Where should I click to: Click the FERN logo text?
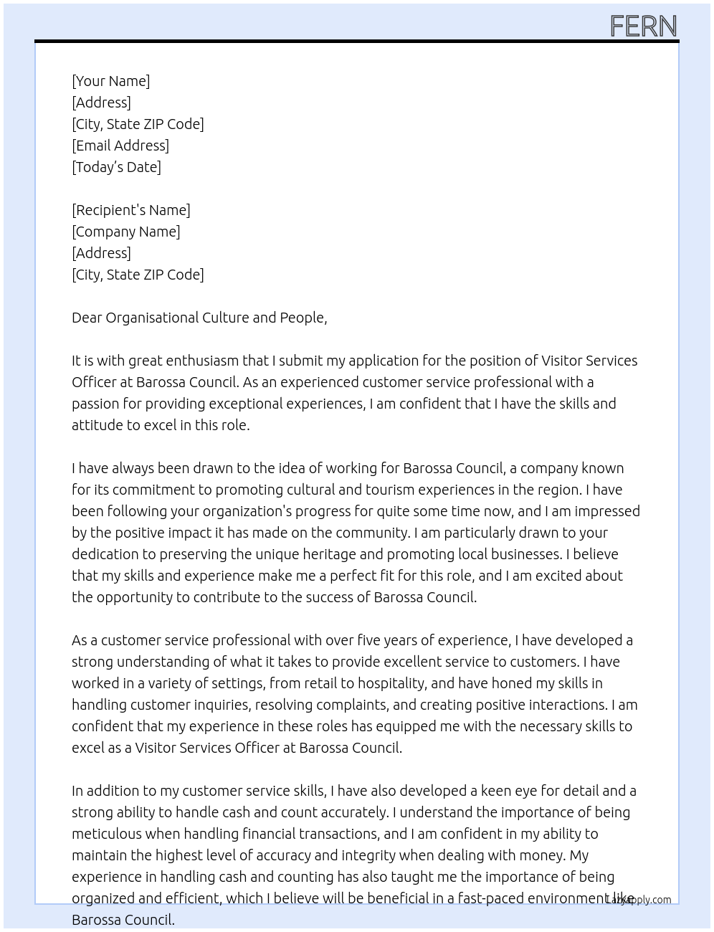(643, 27)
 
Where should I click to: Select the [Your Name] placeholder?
(111, 81)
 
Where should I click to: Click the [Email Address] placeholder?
(120, 146)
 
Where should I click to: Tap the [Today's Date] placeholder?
(116, 167)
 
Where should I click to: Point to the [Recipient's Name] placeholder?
(131, 210)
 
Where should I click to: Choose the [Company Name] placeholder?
(126, 232)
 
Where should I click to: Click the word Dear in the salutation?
(87, 318)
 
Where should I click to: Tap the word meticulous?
(107, 834)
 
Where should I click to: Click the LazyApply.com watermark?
(639, 900)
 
